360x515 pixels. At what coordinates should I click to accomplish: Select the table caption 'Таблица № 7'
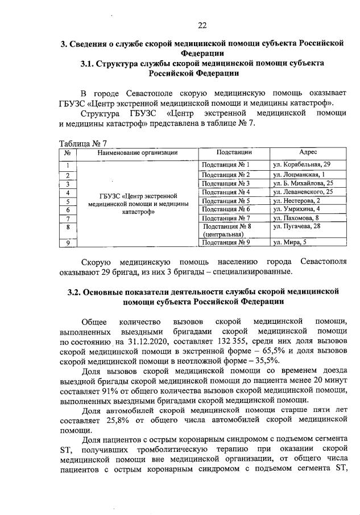pos(83,143)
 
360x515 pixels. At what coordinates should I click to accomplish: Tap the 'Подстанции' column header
pos(234,153)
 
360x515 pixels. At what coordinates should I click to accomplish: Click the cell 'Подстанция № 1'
pos(226,164)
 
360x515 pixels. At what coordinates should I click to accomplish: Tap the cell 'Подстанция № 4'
pos(226,192)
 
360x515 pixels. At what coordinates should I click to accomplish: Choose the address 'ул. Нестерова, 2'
pos(296,201)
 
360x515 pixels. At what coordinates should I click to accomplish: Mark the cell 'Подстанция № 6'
pos(226,209)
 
